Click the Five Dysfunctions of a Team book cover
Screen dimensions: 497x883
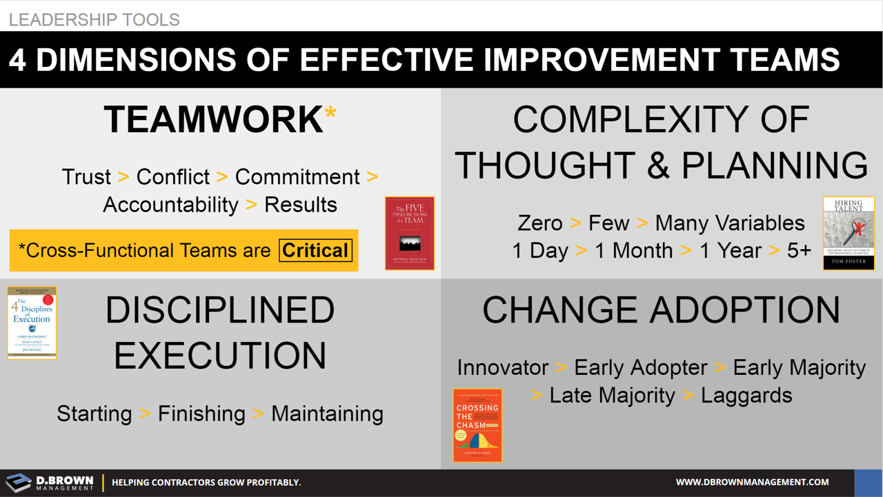(410, 233)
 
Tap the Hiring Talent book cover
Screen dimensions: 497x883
(849, 233)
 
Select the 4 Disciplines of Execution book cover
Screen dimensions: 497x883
(32, 323)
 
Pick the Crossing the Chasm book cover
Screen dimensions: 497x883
(477, 425)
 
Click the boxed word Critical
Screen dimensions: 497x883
(315, 250)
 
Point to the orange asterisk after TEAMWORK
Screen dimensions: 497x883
(330, 114)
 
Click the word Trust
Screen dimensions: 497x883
(86, 177)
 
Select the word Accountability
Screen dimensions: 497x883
(170, 205)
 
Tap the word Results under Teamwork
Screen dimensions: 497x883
(301, 205)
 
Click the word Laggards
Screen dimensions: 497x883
(746, 396)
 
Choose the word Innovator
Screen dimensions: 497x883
(503, 367)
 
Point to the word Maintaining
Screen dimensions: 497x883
(327, 414)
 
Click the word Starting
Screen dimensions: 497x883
(95, 414)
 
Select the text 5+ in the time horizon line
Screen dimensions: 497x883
(799, 251)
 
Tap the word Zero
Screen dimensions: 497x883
(540, 223)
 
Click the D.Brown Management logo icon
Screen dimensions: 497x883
(18, 483)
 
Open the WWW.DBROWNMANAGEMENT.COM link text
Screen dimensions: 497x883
(752, 483)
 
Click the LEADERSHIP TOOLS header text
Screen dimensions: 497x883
(95, 19)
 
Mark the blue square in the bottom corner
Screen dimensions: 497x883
(869, 483)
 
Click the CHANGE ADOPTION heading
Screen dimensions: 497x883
(661, 310)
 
